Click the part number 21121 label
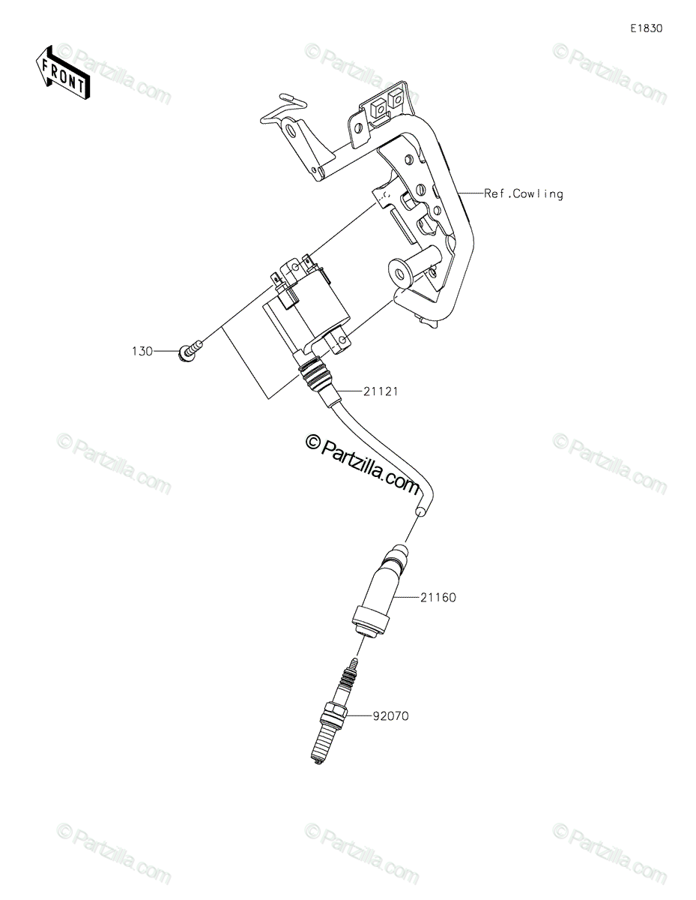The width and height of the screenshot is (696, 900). tap(381, 391)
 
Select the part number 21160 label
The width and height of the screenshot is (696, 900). tap(438, 597)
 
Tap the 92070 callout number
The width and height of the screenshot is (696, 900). tap(391, 715)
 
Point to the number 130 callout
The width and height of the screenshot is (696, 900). tap(142, 351)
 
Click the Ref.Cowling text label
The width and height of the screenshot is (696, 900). tap(524, 193)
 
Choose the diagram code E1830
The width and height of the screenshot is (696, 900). tap(647, 28)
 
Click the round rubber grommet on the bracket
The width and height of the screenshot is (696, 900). tap(399, 274)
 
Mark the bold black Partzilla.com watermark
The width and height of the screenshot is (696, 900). tap(363, 464)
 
